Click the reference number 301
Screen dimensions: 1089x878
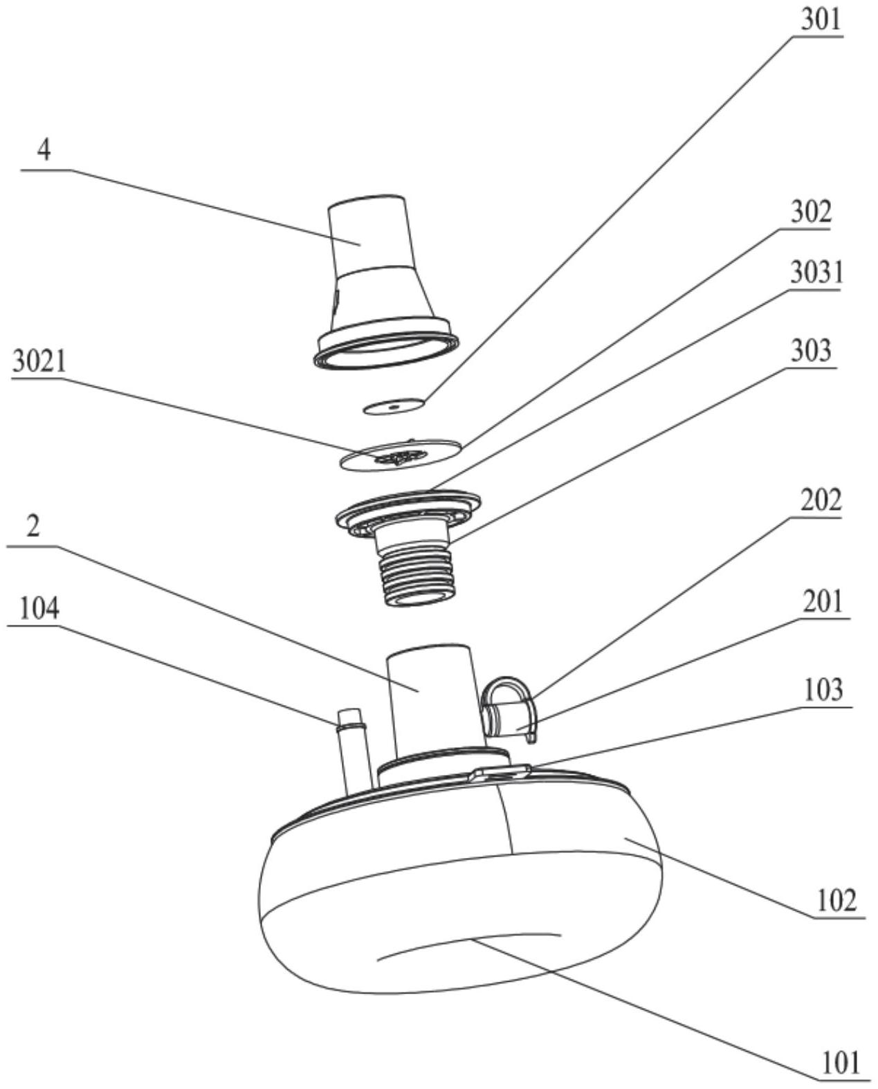tap(821, 19)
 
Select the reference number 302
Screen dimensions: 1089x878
tap(811, 211)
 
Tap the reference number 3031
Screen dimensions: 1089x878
tap(816, 273)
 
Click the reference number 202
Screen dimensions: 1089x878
tap(821, 500)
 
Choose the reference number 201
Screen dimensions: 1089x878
tap(823, 601)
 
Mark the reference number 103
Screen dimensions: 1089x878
tap(823, 690)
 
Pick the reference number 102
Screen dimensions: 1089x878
tap(836, 900)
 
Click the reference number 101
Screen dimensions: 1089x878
tap(840, 1062)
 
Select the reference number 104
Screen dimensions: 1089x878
tap(39, 609)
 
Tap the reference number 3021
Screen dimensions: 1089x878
tap(39, 362)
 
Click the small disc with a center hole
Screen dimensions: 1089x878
tap(394, 406)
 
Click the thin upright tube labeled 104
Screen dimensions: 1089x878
tap(353, 751)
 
